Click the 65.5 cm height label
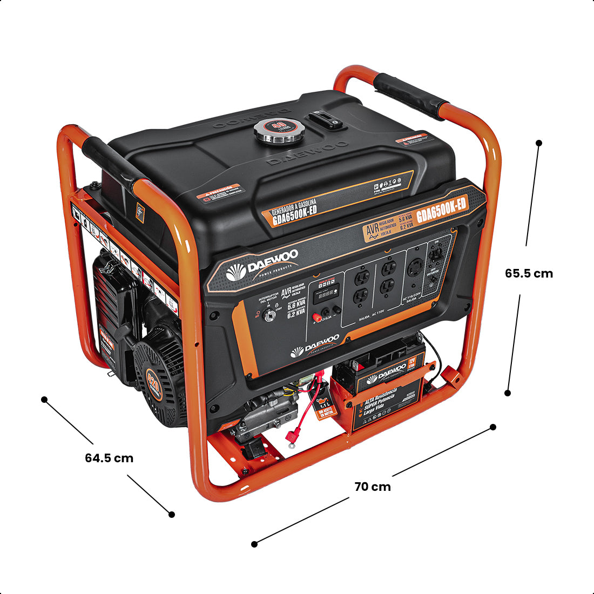click(x=529, y=273)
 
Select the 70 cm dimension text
click(x=372, y=487)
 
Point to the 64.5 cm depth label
click(x=109, y=458)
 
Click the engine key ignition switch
click(x=267, y=315)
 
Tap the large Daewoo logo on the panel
click(x=261, y=268)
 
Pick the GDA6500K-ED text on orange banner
click(x=441, y=206)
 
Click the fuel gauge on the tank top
click(x=325, y=120)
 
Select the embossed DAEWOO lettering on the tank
click(x=307, y=153)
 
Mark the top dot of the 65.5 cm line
click(x=538, y=143)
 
